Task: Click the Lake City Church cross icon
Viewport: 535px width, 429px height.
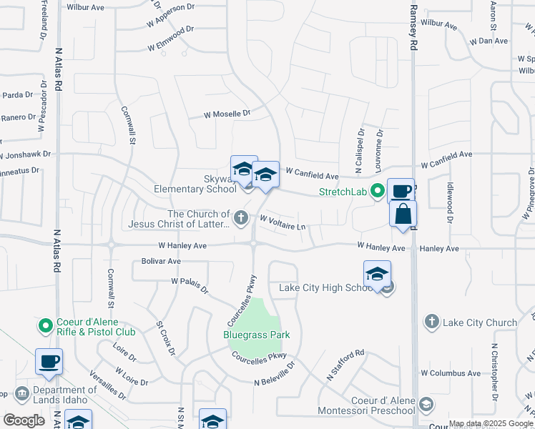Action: point(431,322)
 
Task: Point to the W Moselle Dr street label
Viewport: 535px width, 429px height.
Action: point(227,114)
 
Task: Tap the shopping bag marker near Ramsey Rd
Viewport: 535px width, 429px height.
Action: point(403,214)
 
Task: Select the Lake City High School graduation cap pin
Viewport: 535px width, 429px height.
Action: point(377,275)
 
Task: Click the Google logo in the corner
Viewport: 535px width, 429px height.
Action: point(24,420)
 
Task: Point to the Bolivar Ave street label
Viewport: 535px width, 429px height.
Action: point(160,262)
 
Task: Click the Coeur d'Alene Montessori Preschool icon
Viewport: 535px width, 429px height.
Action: point(426,405)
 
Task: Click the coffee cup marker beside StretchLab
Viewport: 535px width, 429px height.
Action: point(401,191)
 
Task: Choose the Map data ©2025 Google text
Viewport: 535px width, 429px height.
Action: point(491,423)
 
